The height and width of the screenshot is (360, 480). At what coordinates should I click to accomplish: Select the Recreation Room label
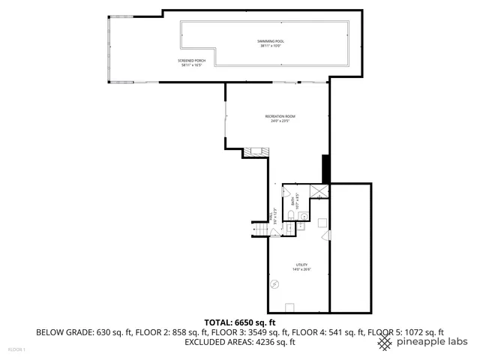pyautogui.click(x=280, y=118)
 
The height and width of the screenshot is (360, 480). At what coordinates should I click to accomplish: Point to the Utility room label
pyautogui.click(x=301, y=268)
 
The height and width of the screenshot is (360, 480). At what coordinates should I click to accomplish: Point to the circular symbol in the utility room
pyautogui.click(x=275, y=283)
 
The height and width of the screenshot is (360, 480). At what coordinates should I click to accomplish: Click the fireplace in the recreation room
pyautogui.click(x=254, y=151)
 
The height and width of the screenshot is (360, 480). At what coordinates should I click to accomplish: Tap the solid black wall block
pyautogui.click(x=325, y=168)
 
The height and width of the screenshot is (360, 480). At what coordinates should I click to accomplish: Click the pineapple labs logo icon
pyautogui.click(x=384, y=343)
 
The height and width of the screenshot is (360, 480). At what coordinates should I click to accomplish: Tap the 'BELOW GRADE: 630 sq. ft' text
pyautogui.click(x=73, y=331)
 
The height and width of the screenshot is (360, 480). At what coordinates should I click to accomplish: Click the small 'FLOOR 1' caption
pyautogui.click(x=16, y=349)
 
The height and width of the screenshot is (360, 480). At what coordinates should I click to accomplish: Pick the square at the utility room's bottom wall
pyautogui.click(x=290, y=306)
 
